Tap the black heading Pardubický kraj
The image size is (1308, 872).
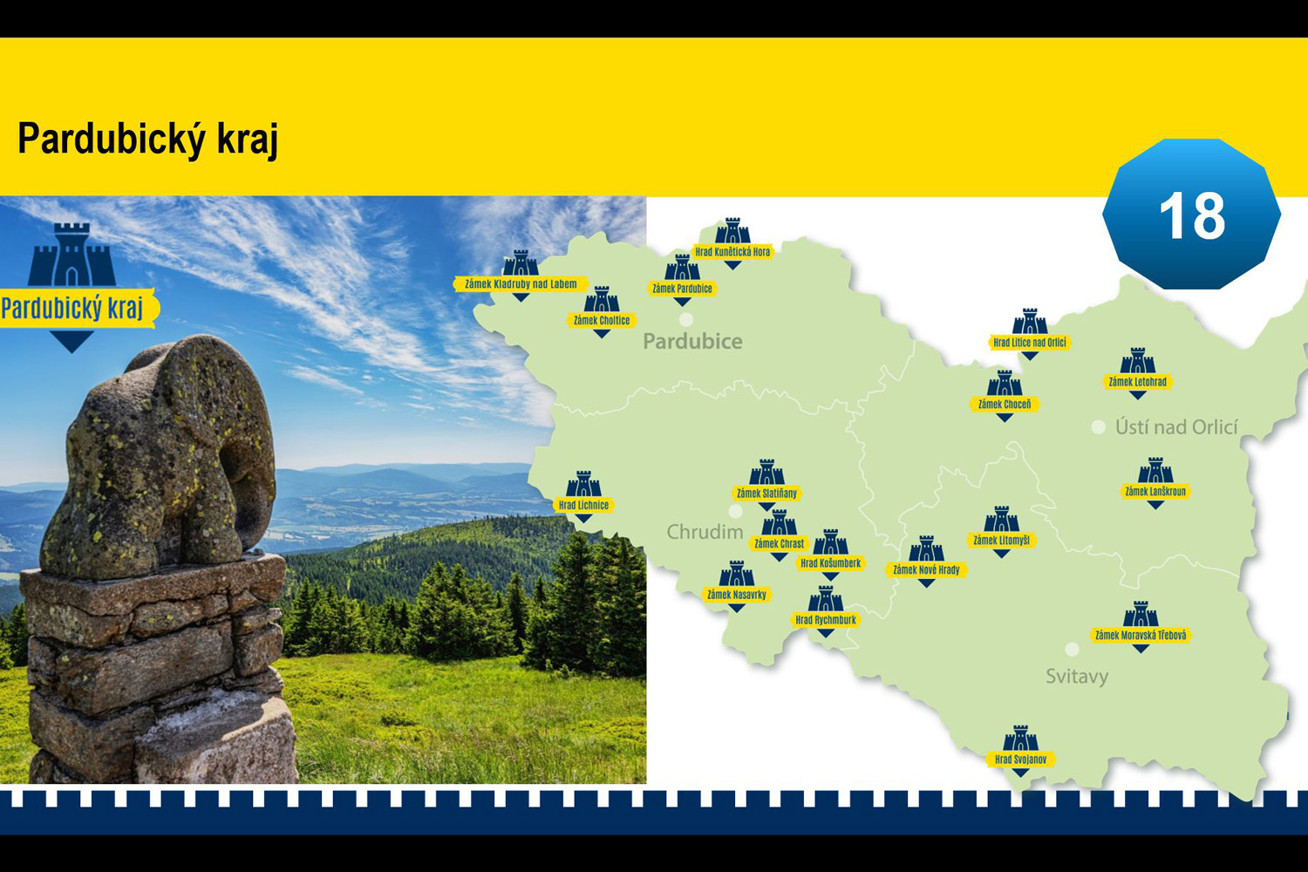[147, 139]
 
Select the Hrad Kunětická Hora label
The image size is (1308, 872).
[732, 252]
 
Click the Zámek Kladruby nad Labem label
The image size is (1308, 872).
[521, 284]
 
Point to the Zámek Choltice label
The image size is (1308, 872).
[602, 320]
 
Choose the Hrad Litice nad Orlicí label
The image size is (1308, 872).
[1030, 342]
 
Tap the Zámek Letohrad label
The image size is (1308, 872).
[1137, 381]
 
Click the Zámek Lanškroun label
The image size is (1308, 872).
[1155, 491]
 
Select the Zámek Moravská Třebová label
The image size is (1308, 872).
[1141, 635]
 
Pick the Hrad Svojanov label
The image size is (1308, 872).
[1020, 760]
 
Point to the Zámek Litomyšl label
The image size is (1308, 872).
[1001, 541]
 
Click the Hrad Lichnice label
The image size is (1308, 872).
[583, 505]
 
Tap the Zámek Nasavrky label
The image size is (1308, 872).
[736, 595]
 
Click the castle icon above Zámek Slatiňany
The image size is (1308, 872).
[766, 472]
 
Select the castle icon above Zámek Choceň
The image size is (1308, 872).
[1005, 383]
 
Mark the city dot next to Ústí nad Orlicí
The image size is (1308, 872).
[1099, 427]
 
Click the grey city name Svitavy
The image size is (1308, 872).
[1077, 677]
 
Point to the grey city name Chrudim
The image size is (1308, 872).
[705, 532]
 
